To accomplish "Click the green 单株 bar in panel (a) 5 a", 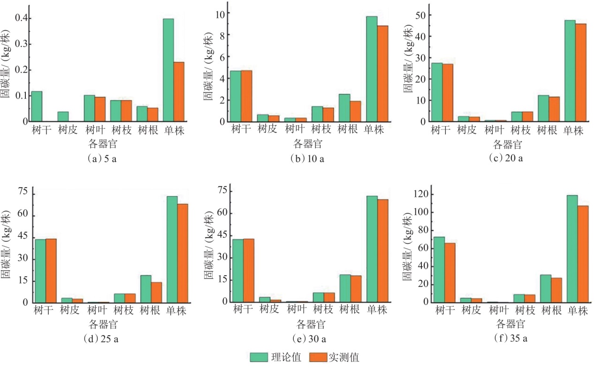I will pyautogui.click(x=168, y=70).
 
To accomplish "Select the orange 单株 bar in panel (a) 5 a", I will pyautogui.click(x=179, y=91).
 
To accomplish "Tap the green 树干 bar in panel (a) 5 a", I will pyautogui.click(x=37, y=106).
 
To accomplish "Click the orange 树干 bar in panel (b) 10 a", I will pyautogui.click(x=246, y=96).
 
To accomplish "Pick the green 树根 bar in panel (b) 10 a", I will pyautogui.click(x=344, y=107).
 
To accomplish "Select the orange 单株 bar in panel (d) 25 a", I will pyautogui.click(x=183, y=253).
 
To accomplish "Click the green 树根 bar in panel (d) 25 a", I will pyautogui.click(x=145, y=289).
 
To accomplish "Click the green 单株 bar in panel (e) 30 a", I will pyautogui.click(x=372, y=249).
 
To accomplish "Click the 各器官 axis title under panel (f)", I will pyautogui.click(x=511, y=324).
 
